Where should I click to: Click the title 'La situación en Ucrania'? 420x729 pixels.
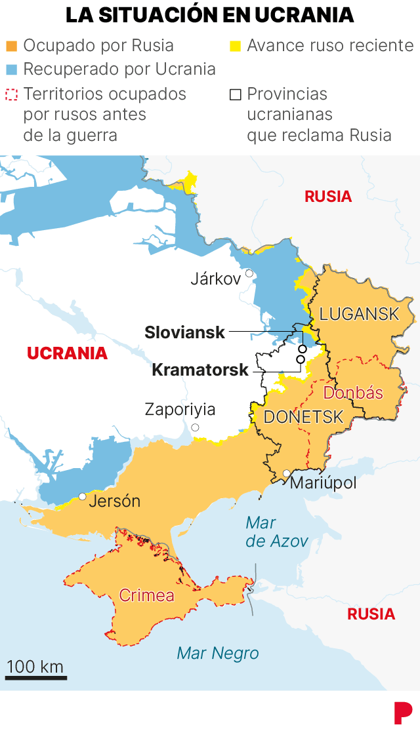210,14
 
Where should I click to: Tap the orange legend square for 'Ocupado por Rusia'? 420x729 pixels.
11,46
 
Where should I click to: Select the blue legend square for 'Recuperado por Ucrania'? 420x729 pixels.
11,69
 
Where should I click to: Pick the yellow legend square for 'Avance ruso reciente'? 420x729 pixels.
235,46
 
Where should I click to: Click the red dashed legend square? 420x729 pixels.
11,94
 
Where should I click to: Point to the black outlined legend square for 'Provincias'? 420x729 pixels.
235,94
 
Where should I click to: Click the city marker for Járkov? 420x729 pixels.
249,273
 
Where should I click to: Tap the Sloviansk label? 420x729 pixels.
184,332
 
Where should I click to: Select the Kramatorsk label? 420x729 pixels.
199,370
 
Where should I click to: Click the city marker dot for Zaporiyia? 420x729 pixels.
196,427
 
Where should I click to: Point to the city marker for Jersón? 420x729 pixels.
82,496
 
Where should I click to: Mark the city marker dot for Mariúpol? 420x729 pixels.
286,473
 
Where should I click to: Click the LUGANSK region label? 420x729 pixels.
359,314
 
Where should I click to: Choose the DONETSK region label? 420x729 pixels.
303,417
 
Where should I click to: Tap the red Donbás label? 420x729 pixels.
353,393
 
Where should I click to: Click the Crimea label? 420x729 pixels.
146,595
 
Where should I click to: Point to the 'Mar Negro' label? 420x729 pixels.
218,654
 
